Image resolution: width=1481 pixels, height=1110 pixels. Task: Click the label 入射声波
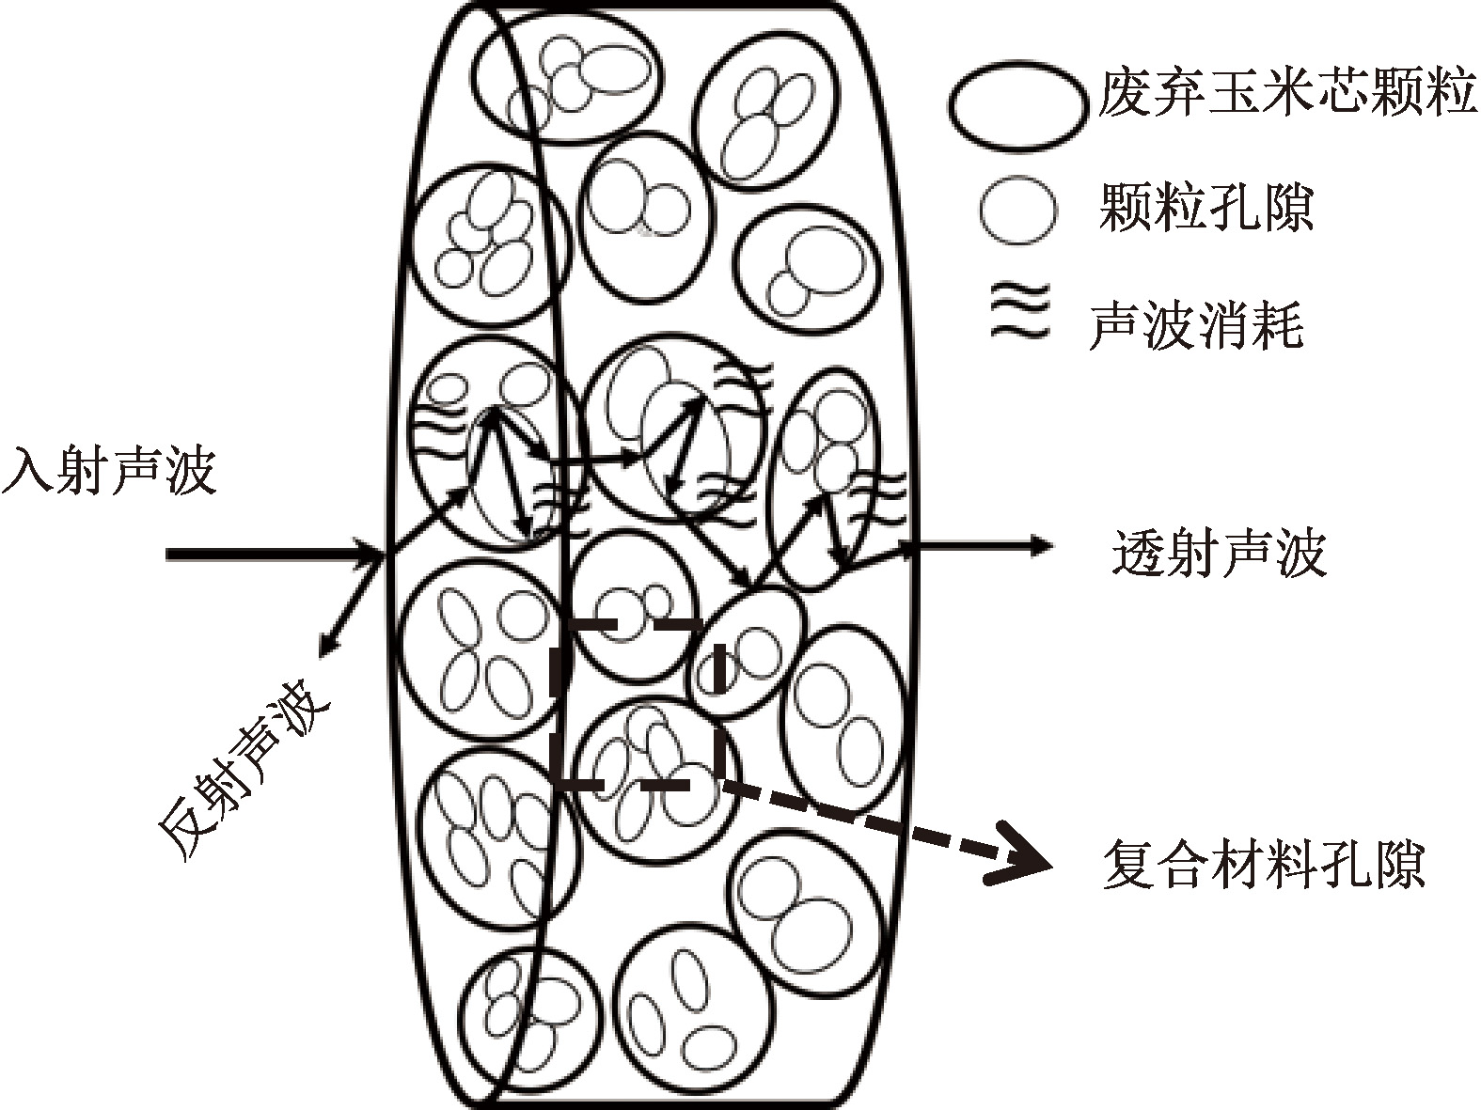(x=109, y=471)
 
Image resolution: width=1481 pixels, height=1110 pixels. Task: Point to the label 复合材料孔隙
(x=1263, y=865)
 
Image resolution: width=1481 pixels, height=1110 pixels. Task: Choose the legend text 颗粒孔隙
(x=1205, y=208)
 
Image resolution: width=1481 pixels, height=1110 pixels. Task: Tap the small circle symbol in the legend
(x=1017, y=210)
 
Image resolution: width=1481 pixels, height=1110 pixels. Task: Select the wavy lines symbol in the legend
(x=1016, y=314)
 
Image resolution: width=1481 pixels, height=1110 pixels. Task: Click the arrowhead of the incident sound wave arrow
(x=371, y=554)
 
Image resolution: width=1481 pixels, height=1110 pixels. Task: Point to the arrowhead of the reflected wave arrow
(x=326, y=648)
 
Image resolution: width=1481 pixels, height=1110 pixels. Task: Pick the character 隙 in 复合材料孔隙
(x=1399, y=865)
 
